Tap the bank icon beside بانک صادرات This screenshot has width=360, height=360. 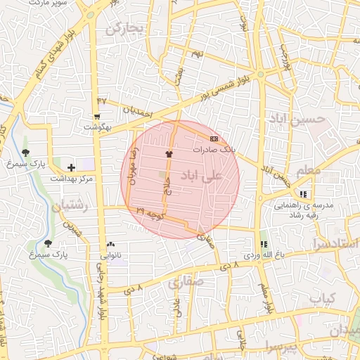(214, 139)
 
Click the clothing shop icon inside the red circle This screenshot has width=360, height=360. (168, 153)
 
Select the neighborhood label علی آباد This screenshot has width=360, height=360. (202, 174)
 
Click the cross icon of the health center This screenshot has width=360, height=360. (71, 167)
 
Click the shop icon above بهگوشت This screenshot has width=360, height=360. (97, 117)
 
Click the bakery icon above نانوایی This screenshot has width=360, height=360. (110, 244)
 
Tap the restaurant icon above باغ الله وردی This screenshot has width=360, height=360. (264, 243)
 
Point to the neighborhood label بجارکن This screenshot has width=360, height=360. (124, 28)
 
